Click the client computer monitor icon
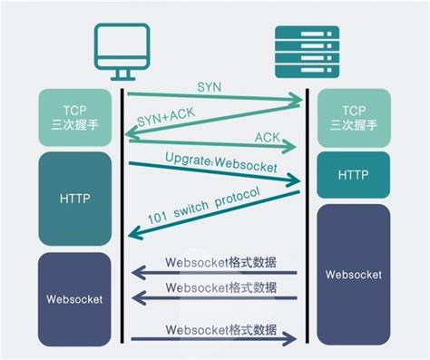click(x=122, y=51)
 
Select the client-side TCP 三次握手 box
click(x=75, y=117)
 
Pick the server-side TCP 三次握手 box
click(x=353, y=117)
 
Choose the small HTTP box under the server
click(x=353, y=174)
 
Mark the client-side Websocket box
click(x=75, y=297)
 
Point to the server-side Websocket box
click(x=353, y=273)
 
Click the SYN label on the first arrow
click(x=210, y=84)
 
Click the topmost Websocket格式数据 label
click(x=232, y=263)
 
